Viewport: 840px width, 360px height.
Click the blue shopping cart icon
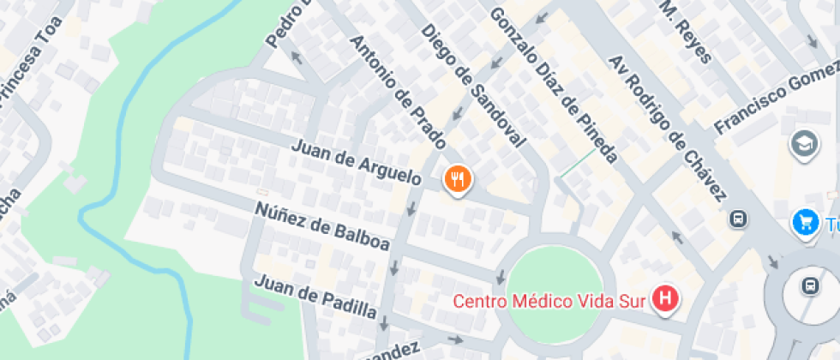(x=804, y=222)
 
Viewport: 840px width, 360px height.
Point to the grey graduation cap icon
(x=805, y=142)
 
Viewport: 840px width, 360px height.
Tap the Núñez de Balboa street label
(x=322, y=226)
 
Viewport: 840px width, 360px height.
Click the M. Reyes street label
(x=685, y=30)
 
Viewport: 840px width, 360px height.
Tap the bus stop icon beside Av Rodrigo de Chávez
(x=737, y=219)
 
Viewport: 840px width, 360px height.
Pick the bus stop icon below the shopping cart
(x=809, y=285)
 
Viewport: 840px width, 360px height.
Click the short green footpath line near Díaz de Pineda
(x=576, y=164)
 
